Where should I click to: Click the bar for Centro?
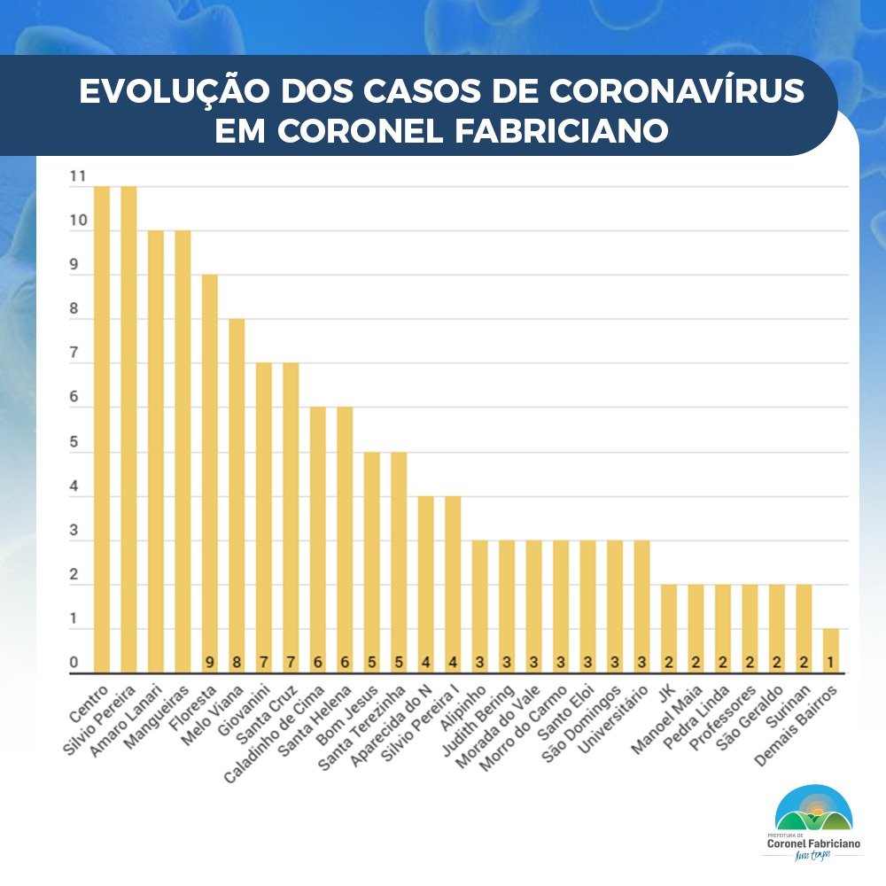(102, 430)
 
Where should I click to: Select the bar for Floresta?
(210, 474)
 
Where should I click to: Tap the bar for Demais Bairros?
(830, 651)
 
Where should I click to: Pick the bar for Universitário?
(641, 607)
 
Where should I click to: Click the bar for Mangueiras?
(183, 452)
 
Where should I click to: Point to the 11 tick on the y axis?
(77, 177)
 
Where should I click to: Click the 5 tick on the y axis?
(74, 443)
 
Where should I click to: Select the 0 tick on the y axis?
(74, 664)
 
